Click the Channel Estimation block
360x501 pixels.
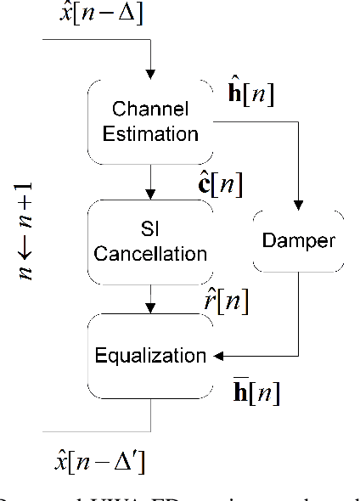click(150, 121)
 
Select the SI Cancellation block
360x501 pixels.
click(150, 242)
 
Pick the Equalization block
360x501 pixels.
click(150, 354)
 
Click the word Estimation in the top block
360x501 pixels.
click(150, 133)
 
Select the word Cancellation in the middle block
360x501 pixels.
click(150, 253)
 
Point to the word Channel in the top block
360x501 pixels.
click(150, 110)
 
